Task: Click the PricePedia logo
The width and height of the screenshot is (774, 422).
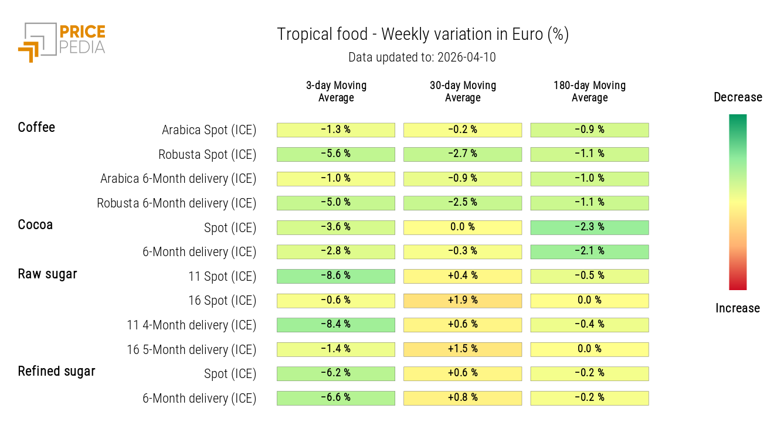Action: [x=62, y=41]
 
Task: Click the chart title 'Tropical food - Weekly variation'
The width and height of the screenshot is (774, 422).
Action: [x=422, y=35]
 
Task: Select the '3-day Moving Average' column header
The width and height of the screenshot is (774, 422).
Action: [x=336, y=91]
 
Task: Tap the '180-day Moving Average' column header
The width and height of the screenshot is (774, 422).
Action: [x=589, y=91]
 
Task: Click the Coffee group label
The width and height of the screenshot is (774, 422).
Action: [x=36, y=127]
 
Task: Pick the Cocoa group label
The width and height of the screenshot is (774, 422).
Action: [x=35, y=224]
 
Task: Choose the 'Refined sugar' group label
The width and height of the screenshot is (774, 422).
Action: [x=56, y=371]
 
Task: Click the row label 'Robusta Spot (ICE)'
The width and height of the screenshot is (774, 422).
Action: [x=207, y=155]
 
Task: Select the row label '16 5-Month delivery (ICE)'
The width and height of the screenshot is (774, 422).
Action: [x=191, y=350]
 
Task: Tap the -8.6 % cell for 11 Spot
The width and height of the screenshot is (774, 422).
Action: [x=336, y=276]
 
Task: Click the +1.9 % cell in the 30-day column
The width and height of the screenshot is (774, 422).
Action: [x=463, y=301]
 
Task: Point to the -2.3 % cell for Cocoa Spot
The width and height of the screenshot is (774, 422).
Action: [x=589, y=227]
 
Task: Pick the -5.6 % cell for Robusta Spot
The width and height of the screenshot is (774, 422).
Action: [x=336, y=154]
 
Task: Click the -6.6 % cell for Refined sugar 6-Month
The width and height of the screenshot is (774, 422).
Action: [x=336, y=398]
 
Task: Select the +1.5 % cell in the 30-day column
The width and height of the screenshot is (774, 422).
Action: [x=463, y=349]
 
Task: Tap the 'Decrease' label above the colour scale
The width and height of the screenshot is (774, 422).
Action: [x=738, y=97]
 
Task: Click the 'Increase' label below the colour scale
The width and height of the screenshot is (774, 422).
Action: [x=738, y=308]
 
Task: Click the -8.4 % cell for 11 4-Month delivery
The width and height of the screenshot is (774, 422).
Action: [x=336, y=325]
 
